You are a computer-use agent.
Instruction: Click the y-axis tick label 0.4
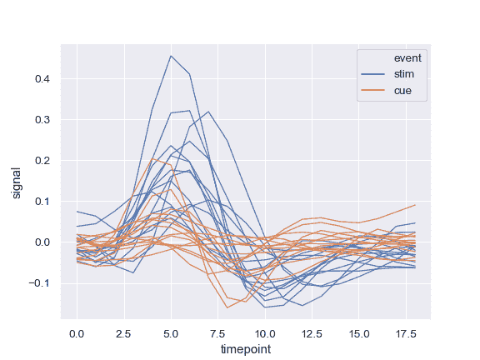click(x=44, y=79)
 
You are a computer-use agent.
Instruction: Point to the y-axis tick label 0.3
click(x=44, y=120)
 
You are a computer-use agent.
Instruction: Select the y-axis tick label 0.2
click(x=44, y=161)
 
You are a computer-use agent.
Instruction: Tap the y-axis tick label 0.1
click(x=44, y=202)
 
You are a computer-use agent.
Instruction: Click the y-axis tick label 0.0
click(x=44, y=242)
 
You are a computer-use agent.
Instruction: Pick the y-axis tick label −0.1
click(x=41, y=283)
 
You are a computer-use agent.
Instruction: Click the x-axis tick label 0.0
click(x=77, y=332)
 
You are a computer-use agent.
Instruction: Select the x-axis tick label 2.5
click(x=124, y=332)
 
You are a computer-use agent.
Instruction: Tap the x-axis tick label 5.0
click(x=171, y=332)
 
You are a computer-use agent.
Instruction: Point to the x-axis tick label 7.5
click(x=218, y=332)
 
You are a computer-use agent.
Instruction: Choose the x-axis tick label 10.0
click(x=265, y=332)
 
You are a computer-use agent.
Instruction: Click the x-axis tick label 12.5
click(x=312, y=332)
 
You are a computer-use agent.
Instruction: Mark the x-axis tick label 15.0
click(x=358, y=332)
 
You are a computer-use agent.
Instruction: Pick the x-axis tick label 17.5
click(x=406, y=332)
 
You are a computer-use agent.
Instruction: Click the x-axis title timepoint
click(x=246, y=349)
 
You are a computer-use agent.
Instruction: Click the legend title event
click(x=408, y=58)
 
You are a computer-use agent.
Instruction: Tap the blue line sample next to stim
click(x=372, y=74)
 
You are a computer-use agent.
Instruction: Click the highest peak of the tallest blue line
click(x=171, y=56)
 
